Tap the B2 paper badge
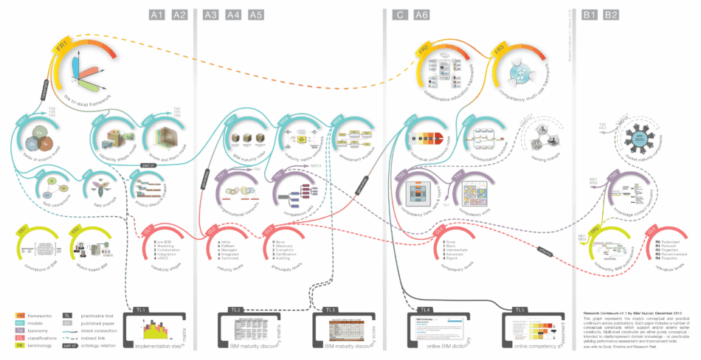[x=611, y=14]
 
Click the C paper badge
[x=399, y=14]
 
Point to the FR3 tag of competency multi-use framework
[x=499, y=51]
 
